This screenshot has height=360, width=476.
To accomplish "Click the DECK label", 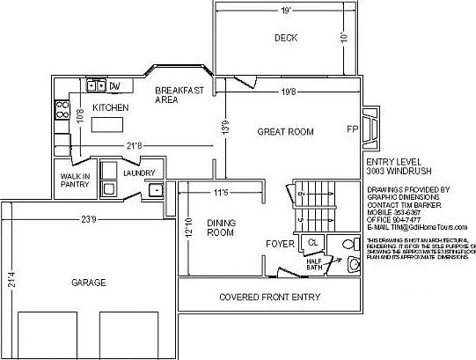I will [285, 38].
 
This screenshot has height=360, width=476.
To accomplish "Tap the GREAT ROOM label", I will [285, 132].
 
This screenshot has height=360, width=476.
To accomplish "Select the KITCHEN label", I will [111, 107].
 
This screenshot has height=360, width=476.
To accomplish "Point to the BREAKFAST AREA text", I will [179, 95].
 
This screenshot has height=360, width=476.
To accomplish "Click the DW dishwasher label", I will [114, 85].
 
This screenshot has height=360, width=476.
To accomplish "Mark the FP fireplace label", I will [352, 129].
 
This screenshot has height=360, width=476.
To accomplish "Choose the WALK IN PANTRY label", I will [75, 181].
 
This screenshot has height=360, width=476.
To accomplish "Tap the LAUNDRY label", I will [139, 173].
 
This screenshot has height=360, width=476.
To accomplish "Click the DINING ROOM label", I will [220, 228].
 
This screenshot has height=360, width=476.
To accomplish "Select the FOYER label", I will [280, 243].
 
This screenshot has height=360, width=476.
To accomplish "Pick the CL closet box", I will [311, 242].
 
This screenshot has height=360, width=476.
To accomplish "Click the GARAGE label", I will [89, 283].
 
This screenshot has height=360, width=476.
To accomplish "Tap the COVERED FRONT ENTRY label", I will [269, 297].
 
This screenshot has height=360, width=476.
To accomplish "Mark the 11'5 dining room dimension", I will [221, 192].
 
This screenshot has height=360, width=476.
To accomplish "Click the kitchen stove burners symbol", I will [62, 110].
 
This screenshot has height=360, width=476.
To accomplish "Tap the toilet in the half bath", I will [353, 265].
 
